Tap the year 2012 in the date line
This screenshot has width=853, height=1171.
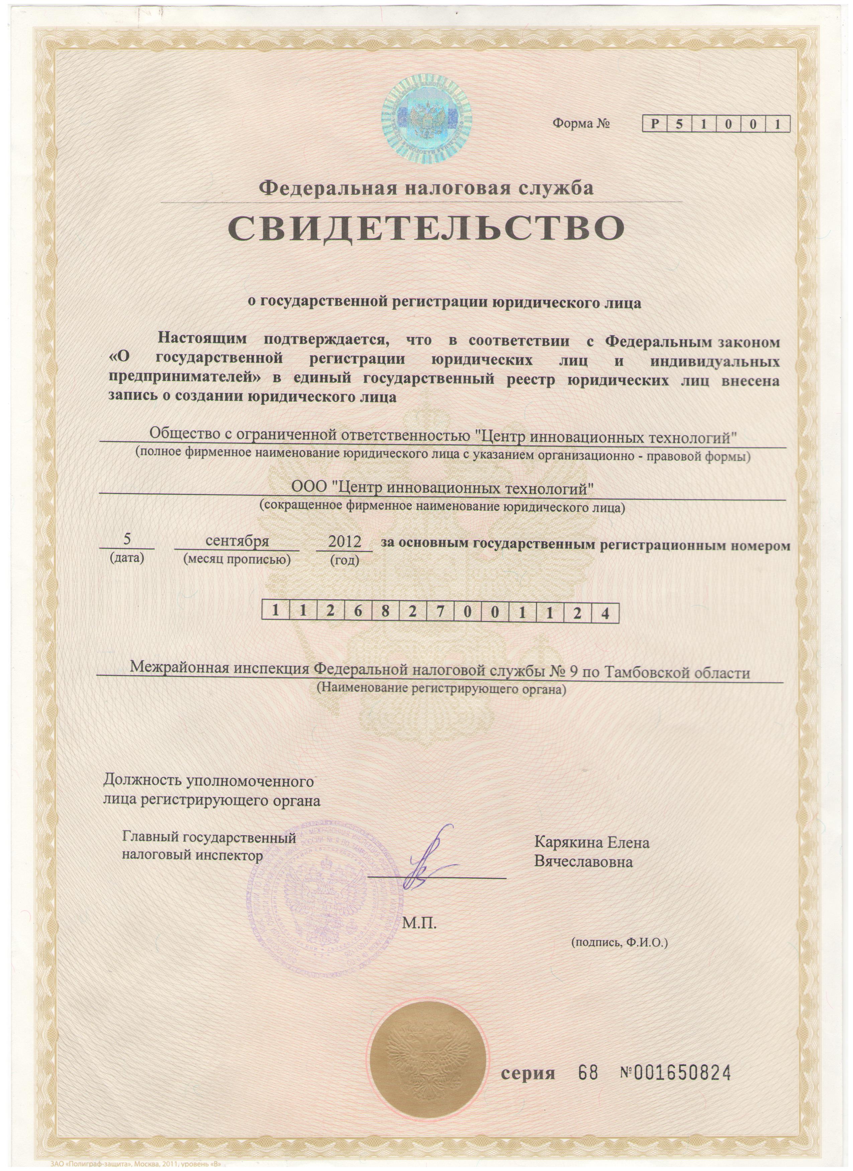(x=345, y=542)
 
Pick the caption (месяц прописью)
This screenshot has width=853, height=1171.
(x=237, y=559)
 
